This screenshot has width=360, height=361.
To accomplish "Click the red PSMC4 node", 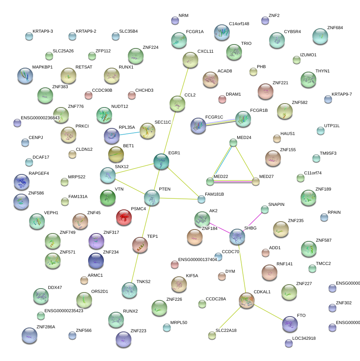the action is coord(124,217).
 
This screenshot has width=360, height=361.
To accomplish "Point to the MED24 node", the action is coord(233,143).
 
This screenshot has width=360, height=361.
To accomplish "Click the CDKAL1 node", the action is coord(247,300).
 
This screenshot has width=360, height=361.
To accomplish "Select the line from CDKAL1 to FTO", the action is coord(268,311).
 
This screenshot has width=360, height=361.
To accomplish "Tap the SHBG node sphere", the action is coord(238,237).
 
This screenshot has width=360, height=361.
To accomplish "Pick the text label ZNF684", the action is coord(335,28).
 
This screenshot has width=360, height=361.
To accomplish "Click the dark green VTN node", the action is coord(107,198).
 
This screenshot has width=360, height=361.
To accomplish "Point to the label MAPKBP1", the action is coord(42,67).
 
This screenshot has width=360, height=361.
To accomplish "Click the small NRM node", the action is coord(175,20).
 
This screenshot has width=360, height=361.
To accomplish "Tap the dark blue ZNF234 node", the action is coord(96,260).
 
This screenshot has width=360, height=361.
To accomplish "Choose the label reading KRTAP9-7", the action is coord(342,94).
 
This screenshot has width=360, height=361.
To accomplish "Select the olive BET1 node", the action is coord(116,154).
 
